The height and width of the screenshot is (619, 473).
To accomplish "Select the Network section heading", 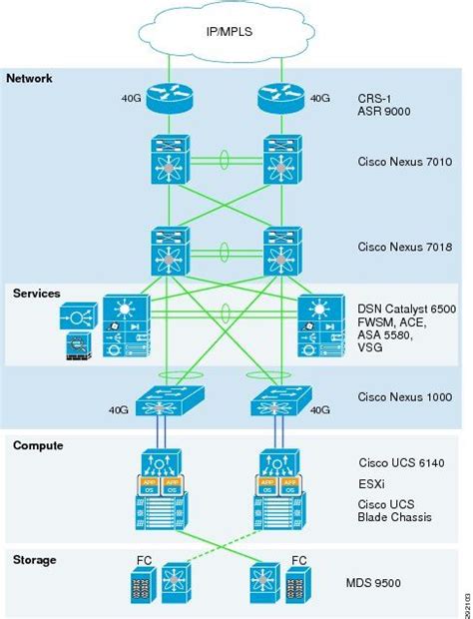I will (x=29, y=79).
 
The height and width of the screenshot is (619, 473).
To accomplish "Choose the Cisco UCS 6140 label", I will (x=396, y=464).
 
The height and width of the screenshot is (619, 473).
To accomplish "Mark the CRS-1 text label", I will (x=375, y=99).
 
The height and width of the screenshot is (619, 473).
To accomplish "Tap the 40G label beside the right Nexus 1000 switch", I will (x=319, y=408).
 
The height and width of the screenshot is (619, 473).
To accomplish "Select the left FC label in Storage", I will (x=142, y=561).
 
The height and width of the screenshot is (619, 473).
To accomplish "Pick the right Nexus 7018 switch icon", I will (x=281, y=251).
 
